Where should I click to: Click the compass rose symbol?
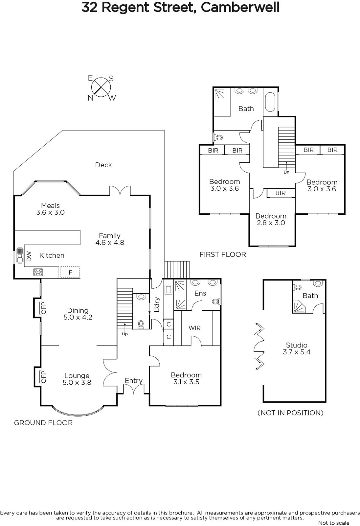(x=101, y=87)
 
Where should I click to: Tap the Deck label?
(x=103, y=165)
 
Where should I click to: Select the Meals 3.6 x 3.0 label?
(x=51, y=209)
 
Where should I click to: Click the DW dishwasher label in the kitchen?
(x=29, y=256)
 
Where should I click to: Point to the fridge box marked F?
(x=70, y=272)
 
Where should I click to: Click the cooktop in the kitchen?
(x=38, y=272)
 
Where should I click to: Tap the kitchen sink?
(x=19, y=255)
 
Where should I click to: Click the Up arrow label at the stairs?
(x=124, y=334)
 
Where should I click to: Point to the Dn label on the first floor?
(x=286, y=172)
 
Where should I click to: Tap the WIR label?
(x=194, y=328)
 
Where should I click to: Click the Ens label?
(x=200, y=293)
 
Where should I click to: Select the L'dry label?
(x=157, y=304)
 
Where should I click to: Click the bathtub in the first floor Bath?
(x=270, y=102)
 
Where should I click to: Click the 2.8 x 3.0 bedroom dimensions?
(x=271, y=223)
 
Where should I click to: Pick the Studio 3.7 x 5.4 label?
(x=297, y=348)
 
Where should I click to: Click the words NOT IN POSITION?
(x=291, y=413)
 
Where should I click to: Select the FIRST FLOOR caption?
(x=223, y=254)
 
